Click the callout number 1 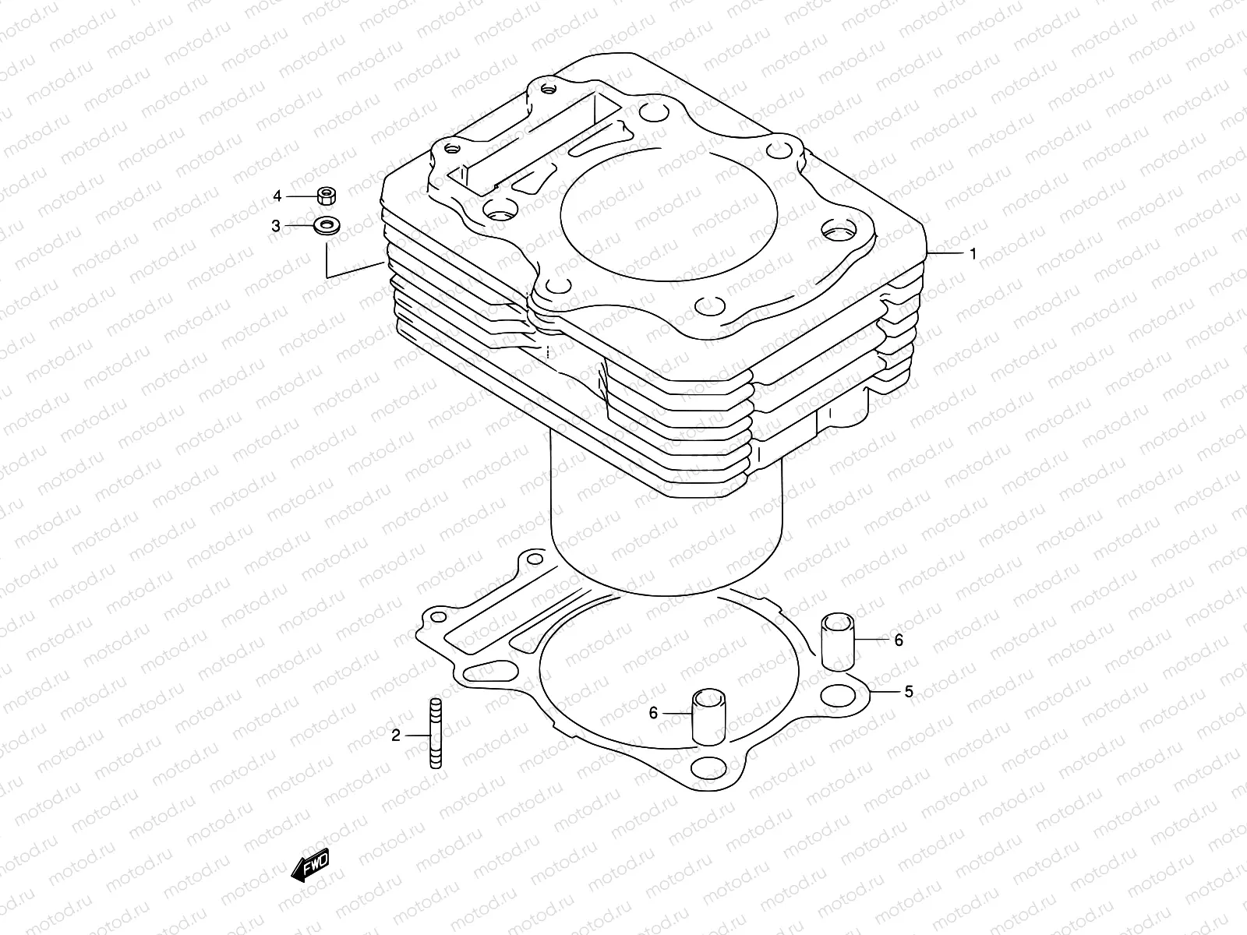point(972,254)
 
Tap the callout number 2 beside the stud point(396,735)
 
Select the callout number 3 point(276,226)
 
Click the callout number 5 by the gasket point(909,691)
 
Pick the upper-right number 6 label point(899,640)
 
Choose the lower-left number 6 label point(653,712)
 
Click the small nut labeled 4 point(327,195)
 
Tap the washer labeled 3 point(327,227)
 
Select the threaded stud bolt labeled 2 point(435,733)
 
